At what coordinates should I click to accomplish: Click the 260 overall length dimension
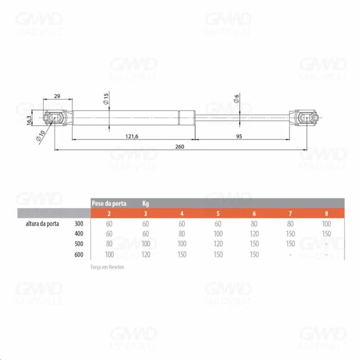[180, 146]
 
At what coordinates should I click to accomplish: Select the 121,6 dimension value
[132, 136]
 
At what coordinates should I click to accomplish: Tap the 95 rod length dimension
[239, 136]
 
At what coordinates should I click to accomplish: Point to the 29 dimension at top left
[57, 96]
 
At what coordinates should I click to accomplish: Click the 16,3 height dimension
[29, 120]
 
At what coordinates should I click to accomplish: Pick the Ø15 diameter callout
[106, 99]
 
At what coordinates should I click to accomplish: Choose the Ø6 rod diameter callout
[237, 98]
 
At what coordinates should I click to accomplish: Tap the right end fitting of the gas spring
[304, 118]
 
